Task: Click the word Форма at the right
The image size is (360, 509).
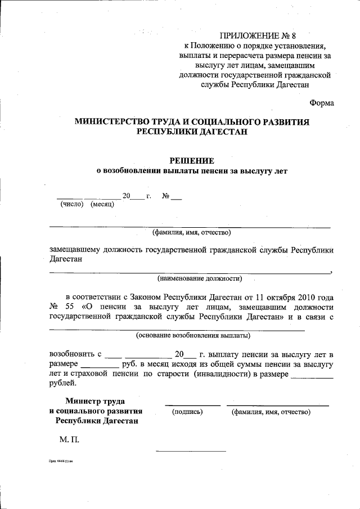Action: click(x=322, y=102)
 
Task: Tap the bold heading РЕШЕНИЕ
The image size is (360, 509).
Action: click(x=191, y=160)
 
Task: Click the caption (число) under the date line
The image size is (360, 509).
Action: click(x=72, y=204)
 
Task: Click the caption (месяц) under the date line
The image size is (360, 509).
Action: click(x=102, y=204)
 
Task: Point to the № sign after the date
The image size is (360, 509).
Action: click(x=166, y=196)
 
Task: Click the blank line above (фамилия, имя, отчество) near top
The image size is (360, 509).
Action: click(x=190, y=227)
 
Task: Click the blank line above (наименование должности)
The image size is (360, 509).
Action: click(x=190, y=273)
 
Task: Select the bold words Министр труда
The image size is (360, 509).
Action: click(x=95, y=402)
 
